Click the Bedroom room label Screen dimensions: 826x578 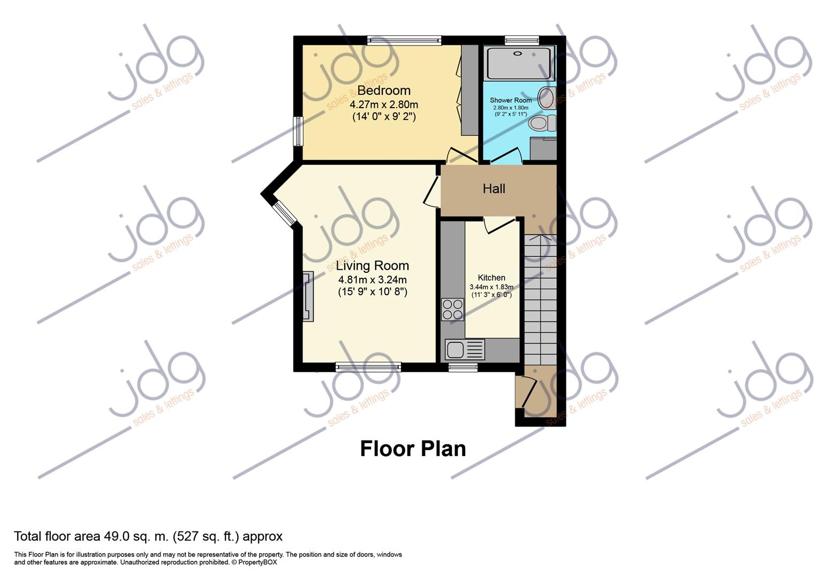(x=384, y=90)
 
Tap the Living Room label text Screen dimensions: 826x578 (x=373, y=266)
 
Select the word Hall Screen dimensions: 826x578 (x=494, y=189)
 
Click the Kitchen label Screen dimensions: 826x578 (x=491, y=278)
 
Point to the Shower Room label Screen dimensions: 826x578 (x=511, y=100)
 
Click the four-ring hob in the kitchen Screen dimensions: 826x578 (x=452, y=310)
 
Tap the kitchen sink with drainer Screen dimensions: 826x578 (x=465, y=349)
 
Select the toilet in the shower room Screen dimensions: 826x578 (x=542, y=123)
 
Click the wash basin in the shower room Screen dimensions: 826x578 (x=547, y=98)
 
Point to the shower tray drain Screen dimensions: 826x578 (x=518, y=54)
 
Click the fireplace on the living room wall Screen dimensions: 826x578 (x=308, y=296)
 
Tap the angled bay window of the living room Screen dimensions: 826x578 (x=284, y=212)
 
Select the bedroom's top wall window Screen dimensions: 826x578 (x=404, y=41)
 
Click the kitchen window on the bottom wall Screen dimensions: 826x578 (x=463, y=367)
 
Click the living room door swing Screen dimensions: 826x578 (x=431, y=192)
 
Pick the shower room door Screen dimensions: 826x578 (x=505, y=156)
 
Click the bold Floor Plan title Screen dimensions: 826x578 (x=413, y=449)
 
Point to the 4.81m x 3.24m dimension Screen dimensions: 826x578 (x=373, y=280)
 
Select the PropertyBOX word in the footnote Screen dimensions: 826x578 (x=257, y=562)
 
